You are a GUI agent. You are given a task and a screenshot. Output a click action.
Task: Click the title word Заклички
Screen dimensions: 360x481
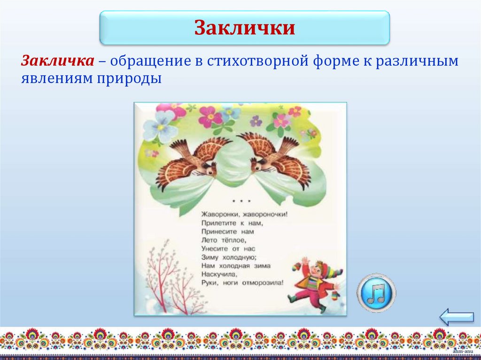245,28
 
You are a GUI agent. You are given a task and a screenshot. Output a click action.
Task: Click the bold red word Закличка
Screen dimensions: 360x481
56,61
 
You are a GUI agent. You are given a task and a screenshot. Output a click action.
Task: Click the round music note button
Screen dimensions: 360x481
376,293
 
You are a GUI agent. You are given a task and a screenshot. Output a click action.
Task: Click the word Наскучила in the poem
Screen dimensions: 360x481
219,274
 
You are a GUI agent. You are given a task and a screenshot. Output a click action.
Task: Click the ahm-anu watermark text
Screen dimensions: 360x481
461,351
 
